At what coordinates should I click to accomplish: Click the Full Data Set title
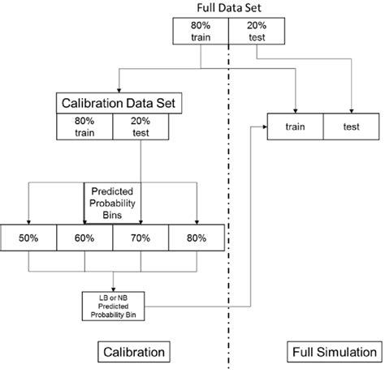pyautogui.click(x=228, y=8)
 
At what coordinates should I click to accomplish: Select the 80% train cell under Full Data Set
pyautogui.click(x=201, y=30)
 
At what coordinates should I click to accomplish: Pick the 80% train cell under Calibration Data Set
pyautogui.click(x=84, y=125)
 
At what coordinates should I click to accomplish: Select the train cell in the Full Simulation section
pyautogui.click(x=296, y=126)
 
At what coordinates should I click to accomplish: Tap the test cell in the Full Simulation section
pyautogui.click(x=352, y=126)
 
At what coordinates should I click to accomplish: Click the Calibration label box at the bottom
pyautogui.click(x=135, y=352)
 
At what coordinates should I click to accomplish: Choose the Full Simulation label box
pyautogui.click(x=331, y=352)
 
